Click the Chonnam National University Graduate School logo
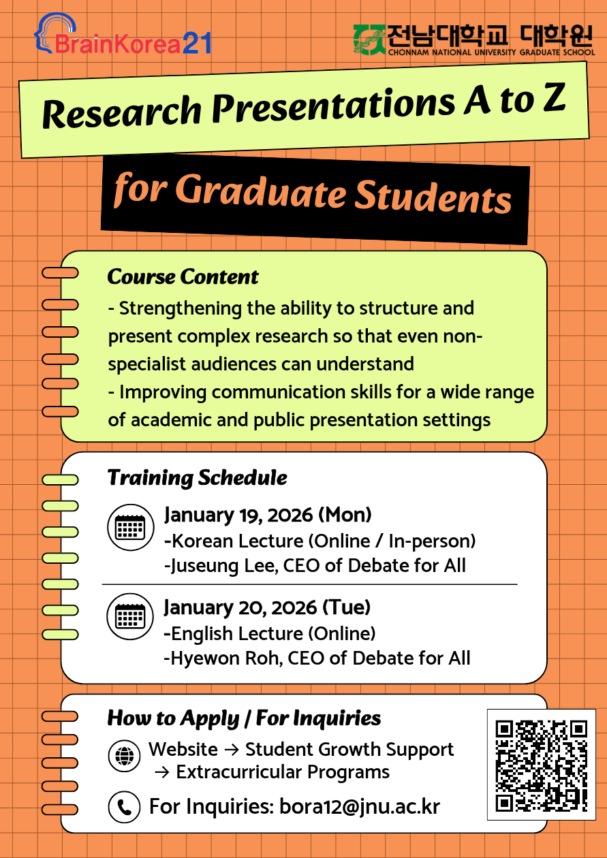click(473, 39)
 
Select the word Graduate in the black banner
click(261, 192)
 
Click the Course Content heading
click(183, 277)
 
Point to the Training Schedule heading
click(197, 478)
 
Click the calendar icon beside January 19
click(129, 527)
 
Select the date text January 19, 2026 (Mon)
click(268, 515)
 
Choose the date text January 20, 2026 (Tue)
click(267, 607)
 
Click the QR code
click(541, 765)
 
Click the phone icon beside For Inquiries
click(124, 808)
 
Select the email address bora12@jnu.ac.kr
click(360, 807)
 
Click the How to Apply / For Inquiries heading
click(244, 718)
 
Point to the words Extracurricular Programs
click(283, 772)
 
